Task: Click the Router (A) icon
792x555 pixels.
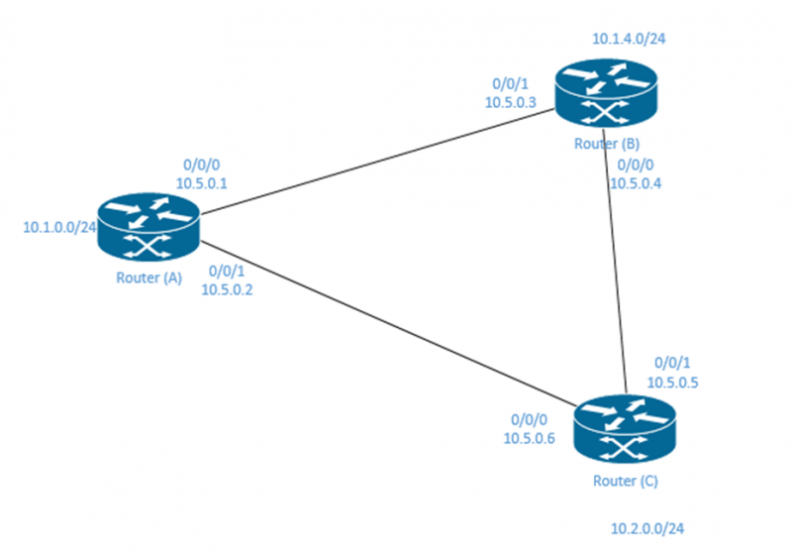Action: (148, 228)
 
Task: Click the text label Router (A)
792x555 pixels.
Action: (148, 277)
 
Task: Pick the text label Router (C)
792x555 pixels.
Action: (625, 482)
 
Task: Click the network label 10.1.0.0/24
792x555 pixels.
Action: (59, 227)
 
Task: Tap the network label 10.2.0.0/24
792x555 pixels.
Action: (647, 527)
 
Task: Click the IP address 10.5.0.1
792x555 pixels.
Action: (202, 183)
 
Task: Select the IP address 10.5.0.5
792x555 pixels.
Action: (672, 381)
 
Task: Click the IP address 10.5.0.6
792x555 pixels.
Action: (530, 436)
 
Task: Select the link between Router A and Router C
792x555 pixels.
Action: (386, 323)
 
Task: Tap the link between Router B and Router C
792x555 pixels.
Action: (615, 268)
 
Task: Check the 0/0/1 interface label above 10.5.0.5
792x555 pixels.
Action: (672, 363)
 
